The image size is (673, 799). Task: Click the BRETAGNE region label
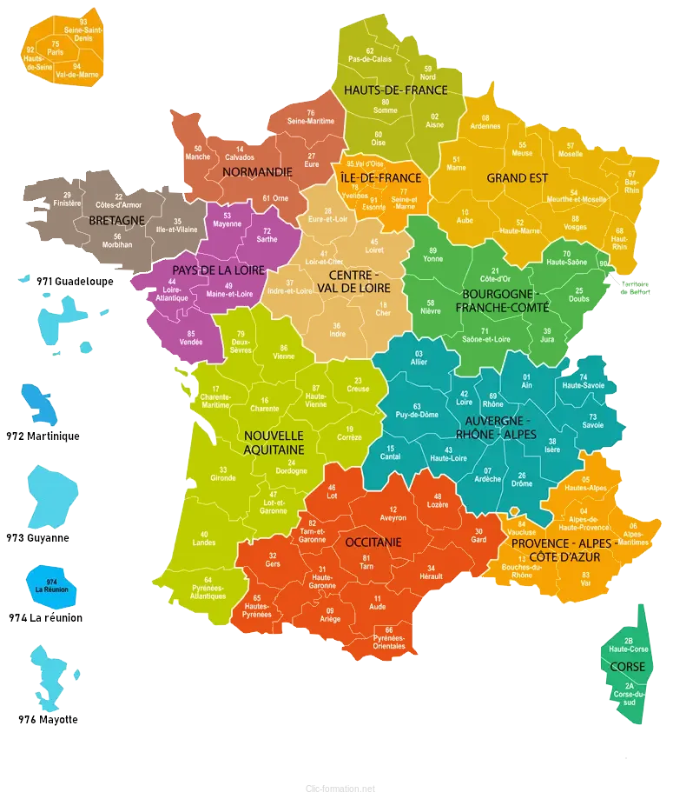[x=116, y=221]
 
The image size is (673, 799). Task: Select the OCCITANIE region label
[x=373, y=542]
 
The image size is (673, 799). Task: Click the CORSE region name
[x=627, y=667]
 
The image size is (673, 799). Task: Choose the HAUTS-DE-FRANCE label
[x=396, y=90]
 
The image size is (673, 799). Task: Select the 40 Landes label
[x=205, y=538]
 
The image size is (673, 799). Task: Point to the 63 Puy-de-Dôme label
[x=417, y=410]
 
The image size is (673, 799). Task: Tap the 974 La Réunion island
[x=52, y=583]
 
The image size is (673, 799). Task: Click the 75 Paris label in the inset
[x=56, y=48]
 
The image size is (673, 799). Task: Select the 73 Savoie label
[x=592, y=422]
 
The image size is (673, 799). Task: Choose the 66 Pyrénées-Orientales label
[x=389, y=637]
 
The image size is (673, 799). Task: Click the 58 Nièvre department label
[x=432, y=306]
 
